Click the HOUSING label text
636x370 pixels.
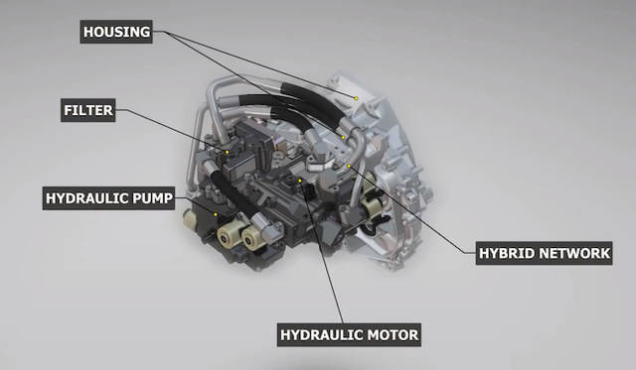click(x=117, y=33)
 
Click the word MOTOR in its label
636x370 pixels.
click(x=386, y=334)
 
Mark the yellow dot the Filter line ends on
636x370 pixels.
click(x=227, y=151)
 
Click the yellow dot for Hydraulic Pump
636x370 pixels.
click(x=215, y=214)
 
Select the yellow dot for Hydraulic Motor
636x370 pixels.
click(x=300, y=181)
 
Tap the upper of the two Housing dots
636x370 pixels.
click(x=356, y=96)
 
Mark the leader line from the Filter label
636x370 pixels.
click(x=174, y=131)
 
